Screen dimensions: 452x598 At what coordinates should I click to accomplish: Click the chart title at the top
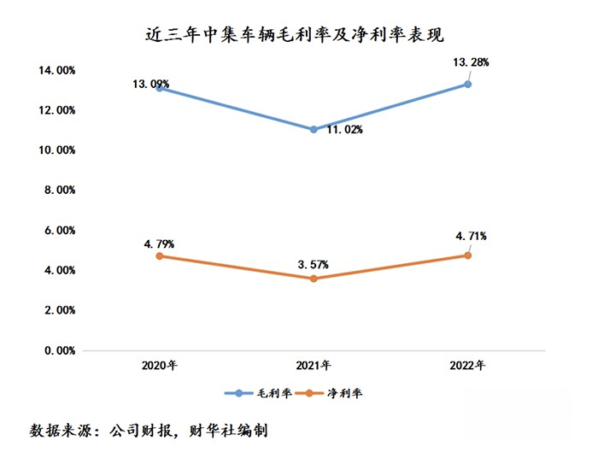[x=299, y=35]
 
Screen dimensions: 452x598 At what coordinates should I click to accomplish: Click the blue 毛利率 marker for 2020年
[x=160, y=88]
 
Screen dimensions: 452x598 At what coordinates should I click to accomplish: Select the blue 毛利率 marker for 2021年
[x=314, y=129]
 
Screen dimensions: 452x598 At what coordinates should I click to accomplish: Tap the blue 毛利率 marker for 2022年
[x=468, y=84]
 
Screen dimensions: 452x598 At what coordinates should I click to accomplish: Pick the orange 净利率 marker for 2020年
[x=160, y=255]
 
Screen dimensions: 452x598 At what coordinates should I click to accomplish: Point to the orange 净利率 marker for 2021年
[x=314, y=279]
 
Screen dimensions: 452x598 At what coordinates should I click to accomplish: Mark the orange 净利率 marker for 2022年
[x=468, y=255]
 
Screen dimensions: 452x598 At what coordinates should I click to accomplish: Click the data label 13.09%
[x=151, y=84]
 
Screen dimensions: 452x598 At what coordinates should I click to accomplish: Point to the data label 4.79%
[x=160, y=244]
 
